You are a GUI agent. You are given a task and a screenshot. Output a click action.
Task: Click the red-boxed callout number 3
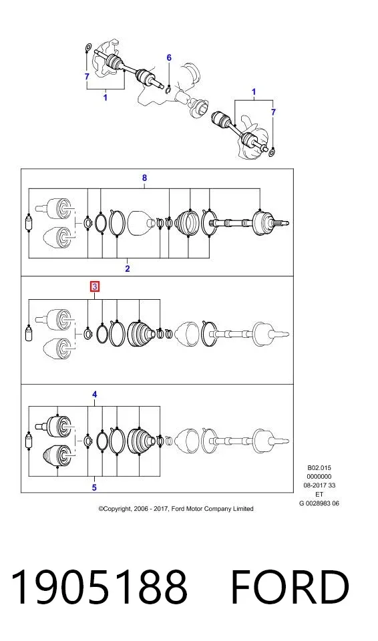pyautogui.click(x=95, y=286)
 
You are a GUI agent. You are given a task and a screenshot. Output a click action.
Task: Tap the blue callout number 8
pyautogui.click(x=144, y=178)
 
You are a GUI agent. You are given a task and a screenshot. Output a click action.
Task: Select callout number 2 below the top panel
pyautogui.click(x=128, y=268)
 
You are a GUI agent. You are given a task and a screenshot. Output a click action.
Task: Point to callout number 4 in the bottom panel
pyautogui.click(x=95, y=395)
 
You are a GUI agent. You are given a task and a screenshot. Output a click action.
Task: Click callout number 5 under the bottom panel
pyautogui.click(x=95, y=487)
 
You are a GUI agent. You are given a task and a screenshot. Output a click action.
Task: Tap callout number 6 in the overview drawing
pyautogui.click(x=169, y=57)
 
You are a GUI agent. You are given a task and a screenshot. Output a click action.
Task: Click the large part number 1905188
pyautogui.click(x=99, y=587)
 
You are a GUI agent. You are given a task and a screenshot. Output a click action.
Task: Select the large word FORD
pyautogui.click(x=290, y=587)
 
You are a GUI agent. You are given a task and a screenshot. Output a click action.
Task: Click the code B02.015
pyautogui.click(x=319, y=467)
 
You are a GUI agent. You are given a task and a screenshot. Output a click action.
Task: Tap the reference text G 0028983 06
pyautogui.click(x=319, y=503)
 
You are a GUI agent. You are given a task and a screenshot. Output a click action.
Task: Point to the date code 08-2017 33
pyautogui.click(x=319, y=485)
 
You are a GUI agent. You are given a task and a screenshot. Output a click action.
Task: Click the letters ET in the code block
pyautogui.click(x=319, y=494)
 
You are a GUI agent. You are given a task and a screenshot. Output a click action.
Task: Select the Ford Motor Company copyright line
pyautogui.click(x=176, y=509)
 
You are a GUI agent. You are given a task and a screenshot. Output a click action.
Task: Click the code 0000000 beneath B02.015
pyautogui.click(x=319, y=476)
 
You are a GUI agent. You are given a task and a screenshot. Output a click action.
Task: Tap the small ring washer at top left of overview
pyautogui.click(x=87, y=48)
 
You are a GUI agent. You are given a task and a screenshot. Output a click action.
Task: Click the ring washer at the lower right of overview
pyautogui.click(x=272, y=152)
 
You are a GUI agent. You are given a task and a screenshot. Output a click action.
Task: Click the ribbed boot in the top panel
pyautogui.click(x=188, y=223)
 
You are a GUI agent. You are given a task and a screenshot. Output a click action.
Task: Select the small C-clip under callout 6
pyautogui.click(x=168, y=89)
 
